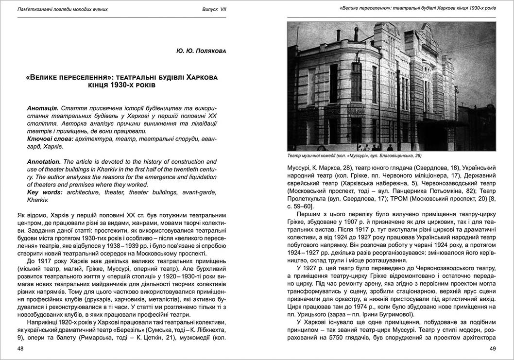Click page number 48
[20, 348]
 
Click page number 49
[492, 348]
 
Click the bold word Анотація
[43, 107]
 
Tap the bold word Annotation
[44, 162]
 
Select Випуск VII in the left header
[214, 9]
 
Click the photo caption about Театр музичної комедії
[354, 155]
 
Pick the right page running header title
[418, 8]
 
